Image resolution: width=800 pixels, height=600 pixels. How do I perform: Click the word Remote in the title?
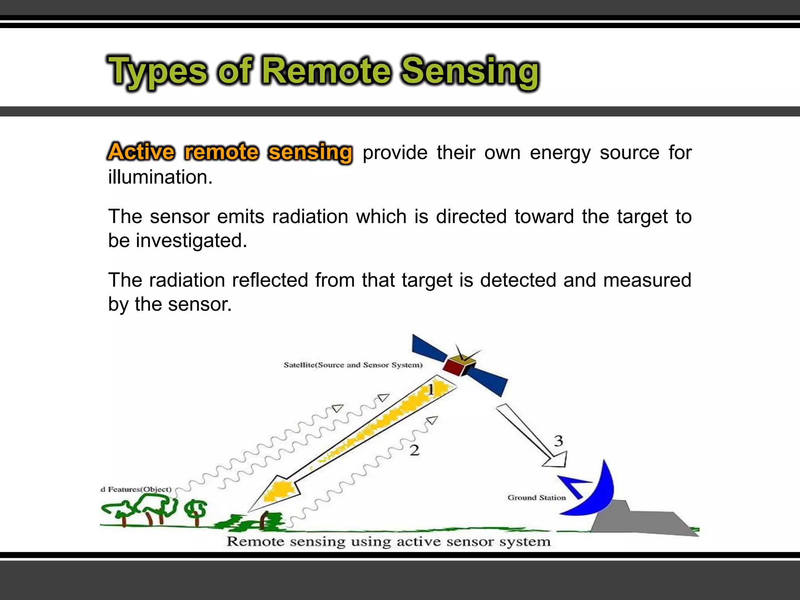click(326, 71)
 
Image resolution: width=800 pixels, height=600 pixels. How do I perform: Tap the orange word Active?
click(141, 152)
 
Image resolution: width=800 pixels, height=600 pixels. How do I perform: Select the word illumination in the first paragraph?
click(160, 177)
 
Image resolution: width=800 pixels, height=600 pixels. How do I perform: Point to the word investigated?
click(191, 241)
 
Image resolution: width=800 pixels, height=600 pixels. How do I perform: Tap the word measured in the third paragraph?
click(647, 280)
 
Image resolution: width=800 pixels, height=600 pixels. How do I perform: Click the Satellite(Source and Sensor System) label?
click(353, 365)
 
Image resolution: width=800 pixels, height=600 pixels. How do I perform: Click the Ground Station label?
click(536, 498)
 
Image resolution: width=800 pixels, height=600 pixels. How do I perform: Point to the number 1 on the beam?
click(431, 389)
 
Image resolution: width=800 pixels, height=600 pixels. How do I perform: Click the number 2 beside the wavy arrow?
click(414, 450)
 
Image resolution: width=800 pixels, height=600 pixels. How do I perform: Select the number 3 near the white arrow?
click(559, 441)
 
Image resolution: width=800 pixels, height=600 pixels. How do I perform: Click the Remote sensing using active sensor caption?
click(389, 542)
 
